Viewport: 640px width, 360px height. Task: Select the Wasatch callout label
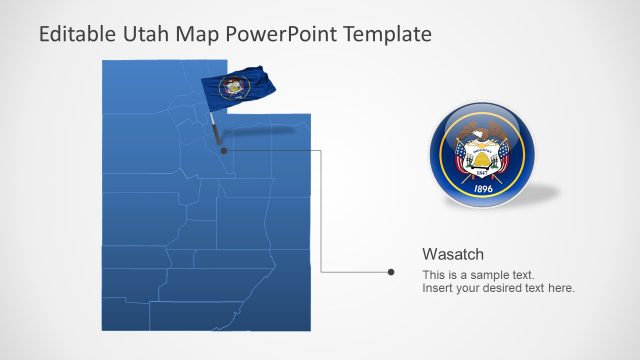pos(453,254)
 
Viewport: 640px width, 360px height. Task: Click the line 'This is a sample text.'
pos(478,275)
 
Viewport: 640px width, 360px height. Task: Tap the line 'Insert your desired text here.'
pos(498,288)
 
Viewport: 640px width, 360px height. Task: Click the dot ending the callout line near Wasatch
pos(391,271)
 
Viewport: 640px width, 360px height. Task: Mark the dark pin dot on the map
pos(223,151)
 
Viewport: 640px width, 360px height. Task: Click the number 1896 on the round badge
pos(482,187)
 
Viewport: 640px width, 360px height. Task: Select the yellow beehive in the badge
pos(482,157)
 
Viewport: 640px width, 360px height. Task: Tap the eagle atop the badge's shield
pos(482,133)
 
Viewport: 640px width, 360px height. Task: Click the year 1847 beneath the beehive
pos(482,172)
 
